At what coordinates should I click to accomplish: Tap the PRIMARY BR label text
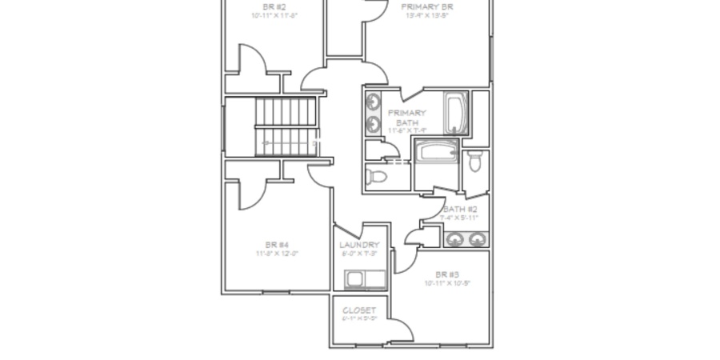[427, 6]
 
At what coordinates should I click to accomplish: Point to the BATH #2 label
[460, 209]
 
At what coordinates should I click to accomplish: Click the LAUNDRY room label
[358, 245]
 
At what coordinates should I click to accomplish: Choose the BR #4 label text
[277, 245]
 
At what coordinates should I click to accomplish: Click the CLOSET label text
[358, 310]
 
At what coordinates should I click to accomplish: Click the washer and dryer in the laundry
[362, 279]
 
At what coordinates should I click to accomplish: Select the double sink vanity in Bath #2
[466, 238]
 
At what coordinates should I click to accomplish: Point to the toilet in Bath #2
[475, 161]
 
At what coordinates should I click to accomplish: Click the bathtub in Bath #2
[436, 152]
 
